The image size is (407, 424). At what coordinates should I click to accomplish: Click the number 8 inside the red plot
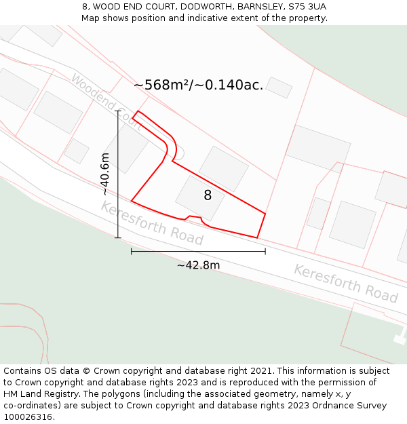tap(208, 195)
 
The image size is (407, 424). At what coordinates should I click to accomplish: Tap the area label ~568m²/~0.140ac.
tap(198, 85)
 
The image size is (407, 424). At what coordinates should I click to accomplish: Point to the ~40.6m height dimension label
tap(105, 174)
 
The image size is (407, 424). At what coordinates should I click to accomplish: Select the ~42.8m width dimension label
tap(198, 265)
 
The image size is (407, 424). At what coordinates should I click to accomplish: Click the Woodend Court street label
tap(105, 102)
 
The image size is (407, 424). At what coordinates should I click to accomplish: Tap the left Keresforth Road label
tap(152, 223)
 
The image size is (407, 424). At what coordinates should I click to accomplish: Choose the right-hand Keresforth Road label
tap(345, 284)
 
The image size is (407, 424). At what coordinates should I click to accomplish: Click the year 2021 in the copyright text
tap(260, 371)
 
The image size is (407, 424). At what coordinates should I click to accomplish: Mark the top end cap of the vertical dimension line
tap(118, 111)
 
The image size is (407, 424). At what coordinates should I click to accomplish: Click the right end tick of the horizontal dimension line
tap(265, 251)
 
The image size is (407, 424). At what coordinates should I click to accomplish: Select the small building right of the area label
tap(278, 88)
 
